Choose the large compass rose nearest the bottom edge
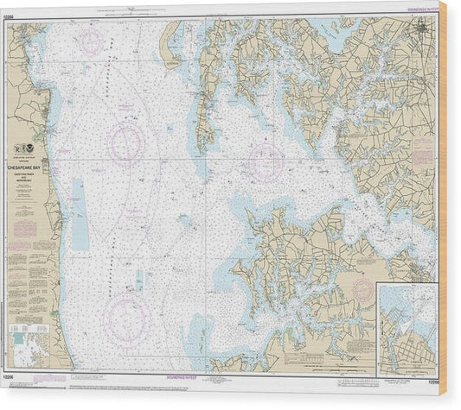tap(127, 320)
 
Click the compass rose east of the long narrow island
tap(265, 160)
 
